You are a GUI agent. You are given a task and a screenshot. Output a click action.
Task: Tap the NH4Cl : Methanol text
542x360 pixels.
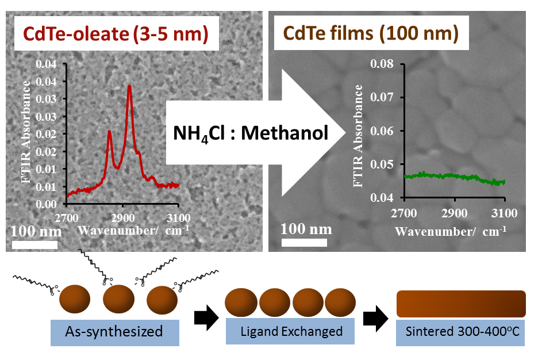(251, 133)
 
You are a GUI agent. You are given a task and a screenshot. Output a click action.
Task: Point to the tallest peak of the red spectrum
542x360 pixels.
(129, 86)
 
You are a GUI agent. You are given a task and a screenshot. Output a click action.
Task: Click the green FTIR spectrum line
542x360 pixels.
(454, 175)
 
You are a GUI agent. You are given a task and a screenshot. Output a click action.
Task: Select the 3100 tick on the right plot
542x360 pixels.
(504, 213)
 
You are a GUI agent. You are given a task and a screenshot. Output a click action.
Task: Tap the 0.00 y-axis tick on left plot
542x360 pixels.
(48, 204)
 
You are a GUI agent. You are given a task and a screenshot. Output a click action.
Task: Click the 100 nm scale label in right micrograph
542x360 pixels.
(306, 229)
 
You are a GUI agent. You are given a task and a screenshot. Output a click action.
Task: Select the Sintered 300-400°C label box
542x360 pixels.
(460, 332)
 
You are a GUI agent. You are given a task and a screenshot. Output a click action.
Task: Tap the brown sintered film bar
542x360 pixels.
(461, 304)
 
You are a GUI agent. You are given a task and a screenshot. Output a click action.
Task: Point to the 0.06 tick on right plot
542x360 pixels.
(382, 131)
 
